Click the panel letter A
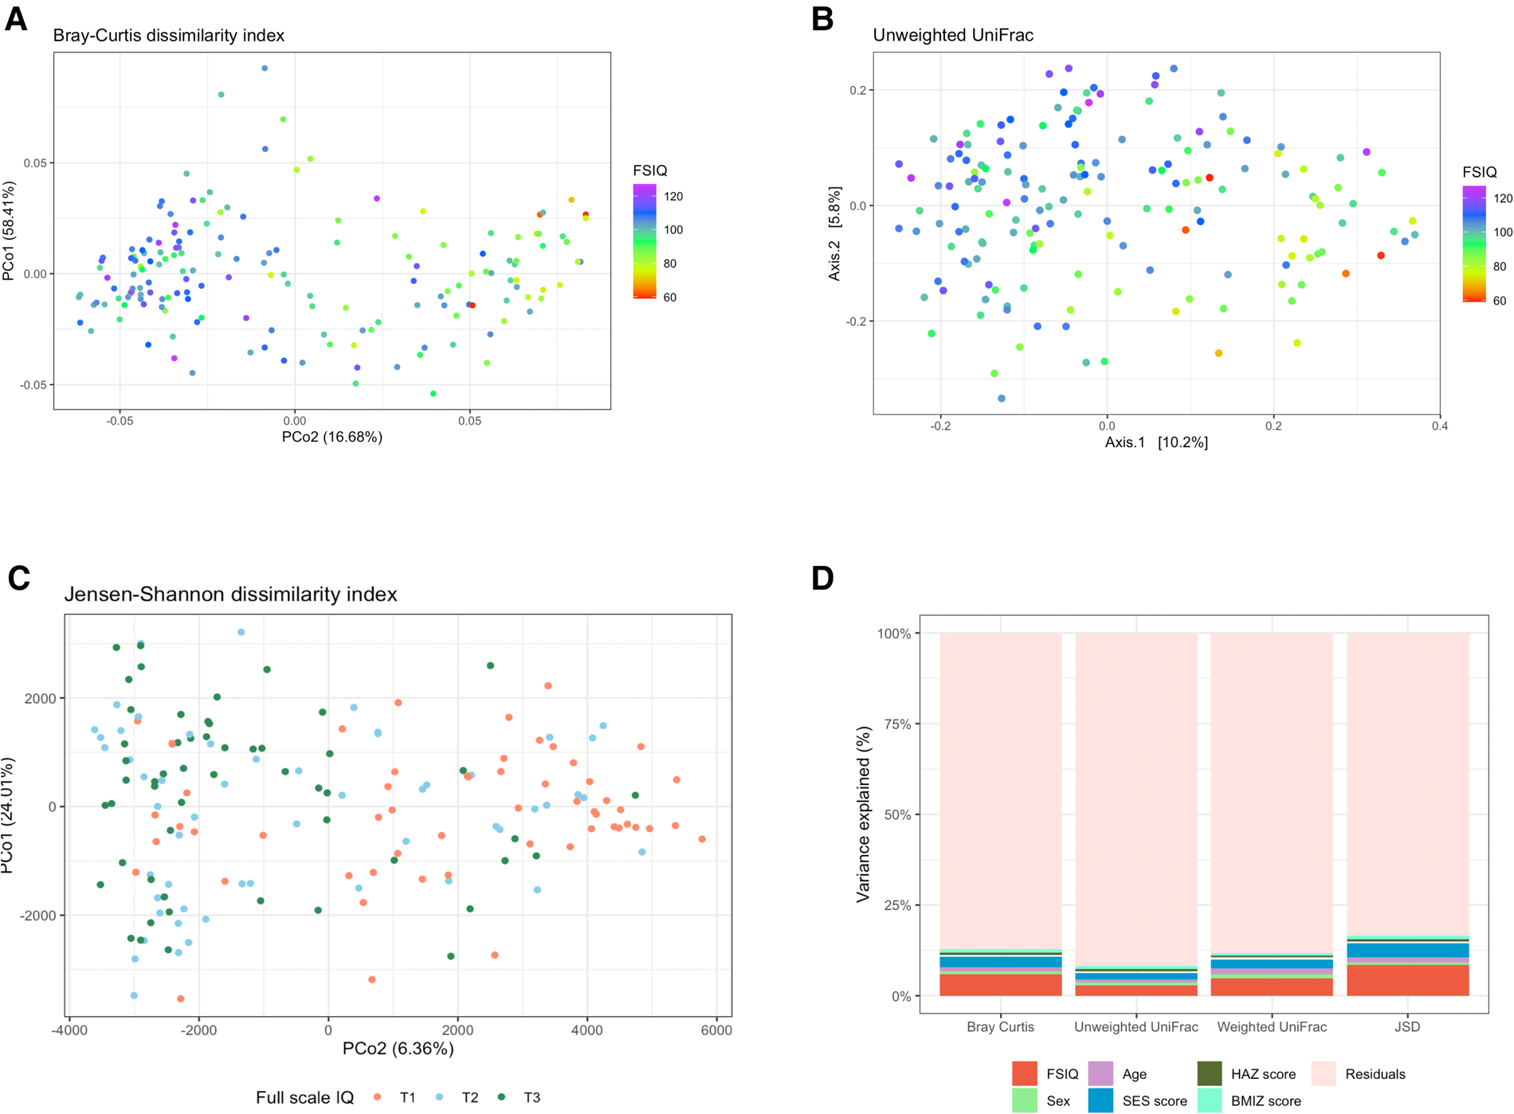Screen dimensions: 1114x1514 coord(16,19)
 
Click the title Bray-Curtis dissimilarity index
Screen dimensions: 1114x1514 coord(168,36)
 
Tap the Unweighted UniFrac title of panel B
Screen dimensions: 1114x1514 coord(953,35)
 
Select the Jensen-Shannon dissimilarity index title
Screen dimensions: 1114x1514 coord(230,594)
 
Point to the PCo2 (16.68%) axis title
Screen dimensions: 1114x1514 coord(331,437)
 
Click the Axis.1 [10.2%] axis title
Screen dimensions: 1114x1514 coord(1155,442)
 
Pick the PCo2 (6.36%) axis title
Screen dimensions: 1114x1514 coord(398,1049)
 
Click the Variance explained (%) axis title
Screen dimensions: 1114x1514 coord(862,814)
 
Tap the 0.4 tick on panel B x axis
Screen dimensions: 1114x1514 coord(1439,426)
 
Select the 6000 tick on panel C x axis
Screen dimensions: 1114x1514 coord(716,1030)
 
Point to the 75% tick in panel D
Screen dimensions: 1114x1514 coord(894,724)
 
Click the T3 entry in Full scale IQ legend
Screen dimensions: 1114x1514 coord(531,1097)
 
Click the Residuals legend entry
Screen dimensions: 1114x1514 coord(1375,1074)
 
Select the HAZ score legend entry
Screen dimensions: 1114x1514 coord(1262,1074)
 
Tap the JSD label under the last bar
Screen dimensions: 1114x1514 coord(1407,1027)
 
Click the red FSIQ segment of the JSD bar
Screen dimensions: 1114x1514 coord(1407,980)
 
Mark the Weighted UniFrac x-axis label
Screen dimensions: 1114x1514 coord(1271,1027)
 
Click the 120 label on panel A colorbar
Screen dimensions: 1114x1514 coord(673,197)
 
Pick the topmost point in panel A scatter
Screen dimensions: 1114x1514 coord(265,69)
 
